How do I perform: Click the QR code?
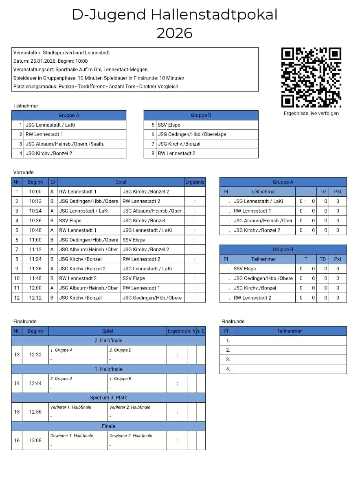click(311, 77)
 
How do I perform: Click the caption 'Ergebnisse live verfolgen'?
click(311, 114)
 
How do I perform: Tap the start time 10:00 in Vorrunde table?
click(35, 192)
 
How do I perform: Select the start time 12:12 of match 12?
click(35, 298)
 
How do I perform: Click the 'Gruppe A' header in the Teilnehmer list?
click(69, 116)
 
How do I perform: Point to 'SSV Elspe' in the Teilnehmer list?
click(169, 125)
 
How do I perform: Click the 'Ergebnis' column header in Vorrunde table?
click(195, 182)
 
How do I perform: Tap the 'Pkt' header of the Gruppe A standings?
click(338, 192)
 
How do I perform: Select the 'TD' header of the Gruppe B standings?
click(323, 259)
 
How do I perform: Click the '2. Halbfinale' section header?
click(108, 341)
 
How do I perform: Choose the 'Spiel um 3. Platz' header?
click(108, 398)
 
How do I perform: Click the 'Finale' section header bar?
click(108, 426)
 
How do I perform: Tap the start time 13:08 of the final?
click(35, 441)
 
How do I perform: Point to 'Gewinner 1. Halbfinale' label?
click(72, 436)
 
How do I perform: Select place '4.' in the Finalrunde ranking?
click(228, 369)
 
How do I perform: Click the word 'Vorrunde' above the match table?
click(24, 173)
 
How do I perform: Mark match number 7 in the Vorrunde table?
click(17, 250)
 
